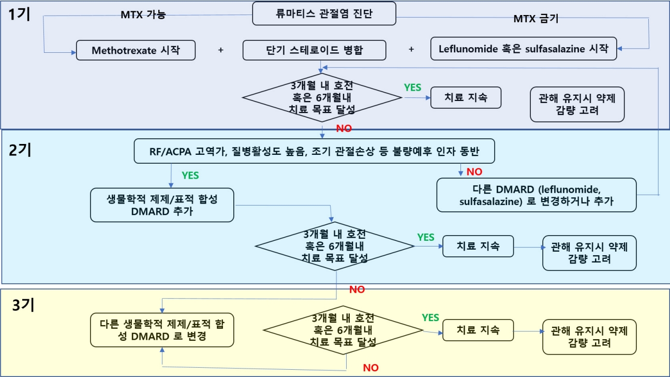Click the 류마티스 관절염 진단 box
pyautogui.click(x=324, y=13)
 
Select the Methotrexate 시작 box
pyautogui.click(x=136, y=50)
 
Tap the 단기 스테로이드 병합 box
pyautogui.click(x=315, y=50)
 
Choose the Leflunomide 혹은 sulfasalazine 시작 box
pyautogui.click(x=524, y=49)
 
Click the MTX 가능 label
pyautogui.click(x=143, y=15)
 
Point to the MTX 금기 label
pyautogui.click(x=535, y=19)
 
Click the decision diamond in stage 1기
pyautogui.click(x=322, y=97)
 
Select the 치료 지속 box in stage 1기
pyautogui.click(x=466, y=98)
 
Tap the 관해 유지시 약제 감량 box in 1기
pyautogui.click(x=577, y=104)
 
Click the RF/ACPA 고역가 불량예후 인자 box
pyautogui.click(x=315, y=151)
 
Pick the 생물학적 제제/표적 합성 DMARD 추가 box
pyautogui.click(x=162, y=205)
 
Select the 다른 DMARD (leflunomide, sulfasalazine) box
pyautogui.click(x=537, y=195)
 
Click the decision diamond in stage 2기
pyautogui.click(x=335, y=246)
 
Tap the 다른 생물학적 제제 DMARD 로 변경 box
pyautogui.click(x=162, y=330)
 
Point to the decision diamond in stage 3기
pyautogui.click(x=343, y=330)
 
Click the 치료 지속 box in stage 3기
pyautogui.click(x=478, y=330)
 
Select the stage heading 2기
pyautogui.click(x=20, y=150)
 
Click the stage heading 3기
pyautogui.click(x=23, y=305)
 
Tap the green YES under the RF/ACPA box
pyautogui.click(x=190, y=175)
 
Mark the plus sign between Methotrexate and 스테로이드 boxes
pyautogui.click(x=221, y=50)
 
